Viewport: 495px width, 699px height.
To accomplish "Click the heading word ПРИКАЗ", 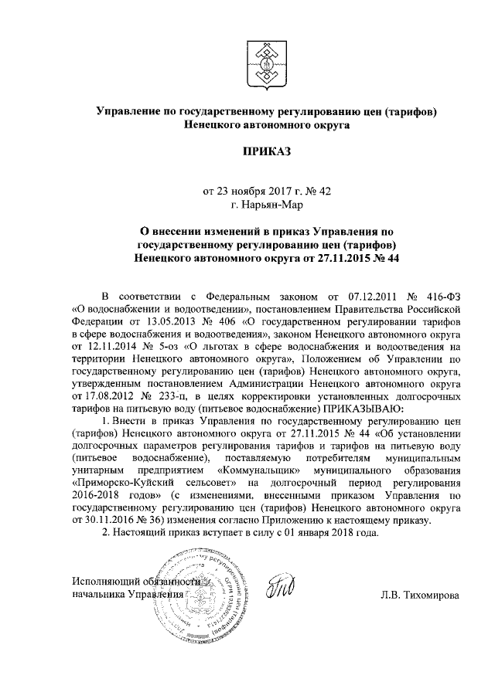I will click(267, 151).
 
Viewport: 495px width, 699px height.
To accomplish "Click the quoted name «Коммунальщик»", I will click(259, 468).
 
